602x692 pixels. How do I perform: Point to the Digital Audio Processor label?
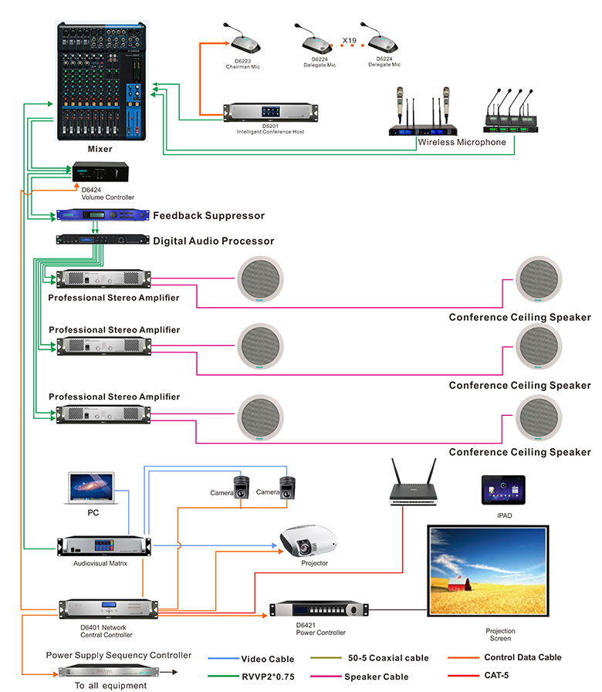[x=213, y=241]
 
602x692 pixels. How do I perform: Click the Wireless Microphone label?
[x=462, y=142]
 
